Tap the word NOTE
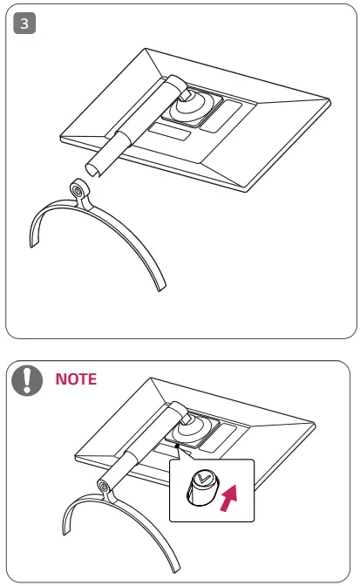tap(76, 379)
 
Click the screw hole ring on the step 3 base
tap(78, 188)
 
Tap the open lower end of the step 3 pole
tap(93, 166)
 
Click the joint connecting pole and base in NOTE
tap(106, 486)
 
